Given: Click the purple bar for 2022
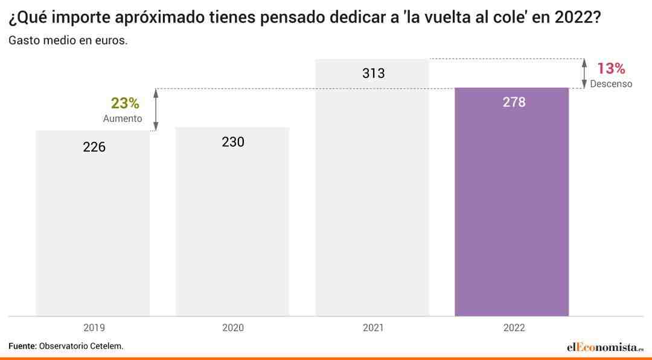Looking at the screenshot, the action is point(511,202).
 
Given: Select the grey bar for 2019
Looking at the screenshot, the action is point(93,223).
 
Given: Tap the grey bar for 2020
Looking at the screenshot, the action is point(232,222).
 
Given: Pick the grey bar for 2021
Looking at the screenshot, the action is point(372,188).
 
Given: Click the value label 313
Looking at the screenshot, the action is point(374,74).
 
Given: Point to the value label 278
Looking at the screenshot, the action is point(514,102).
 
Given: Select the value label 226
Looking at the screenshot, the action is point(94,147).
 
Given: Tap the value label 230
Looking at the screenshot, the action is point(233,142).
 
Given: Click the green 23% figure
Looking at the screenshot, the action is point(125,103).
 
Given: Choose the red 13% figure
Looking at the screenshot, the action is point(611,68).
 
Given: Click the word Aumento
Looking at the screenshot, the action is point(123,118).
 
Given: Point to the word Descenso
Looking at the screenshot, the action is point(611,83).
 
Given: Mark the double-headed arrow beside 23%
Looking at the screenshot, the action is point(156,110).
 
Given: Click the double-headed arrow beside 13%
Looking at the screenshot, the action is point(584,74).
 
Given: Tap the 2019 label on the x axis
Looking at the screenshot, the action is point(94,328).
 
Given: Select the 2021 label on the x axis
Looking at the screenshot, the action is point(373,328).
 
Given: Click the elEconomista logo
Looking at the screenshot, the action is point(605,347).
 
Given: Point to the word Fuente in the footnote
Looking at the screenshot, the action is point(22,346).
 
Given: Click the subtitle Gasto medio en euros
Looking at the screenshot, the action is point(68,41).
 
